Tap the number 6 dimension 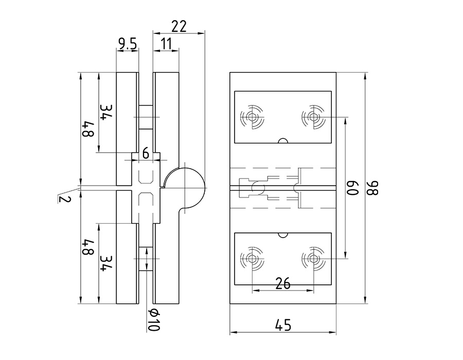click(146, 153)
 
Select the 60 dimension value click(352, 188)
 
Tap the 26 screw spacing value click(283, 283)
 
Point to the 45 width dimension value click(283, 325)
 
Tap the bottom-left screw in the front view click(252, 259)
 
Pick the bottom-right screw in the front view click(312, 259)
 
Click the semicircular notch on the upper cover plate click(282, 140)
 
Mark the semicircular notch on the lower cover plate click(282, 235)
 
